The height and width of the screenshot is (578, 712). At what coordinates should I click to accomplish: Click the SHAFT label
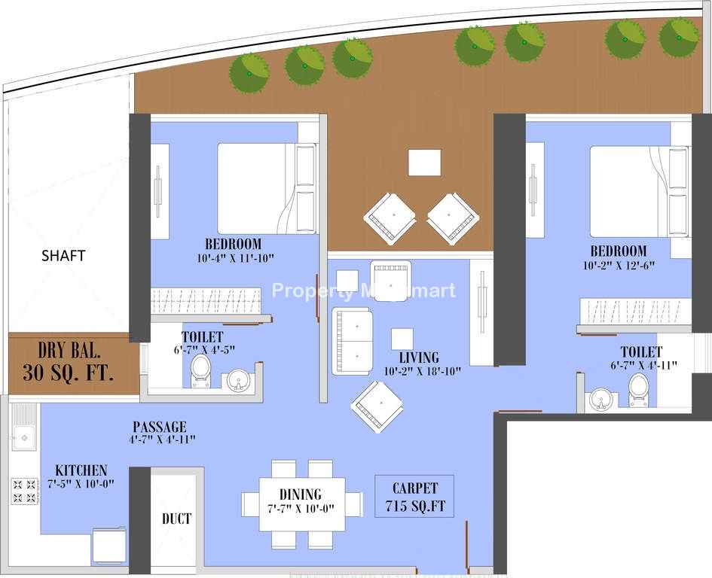coord(63,255)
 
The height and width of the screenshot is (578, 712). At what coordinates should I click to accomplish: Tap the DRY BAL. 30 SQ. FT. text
coord(69,362)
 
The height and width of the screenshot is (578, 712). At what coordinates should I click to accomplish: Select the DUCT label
coord(176,519)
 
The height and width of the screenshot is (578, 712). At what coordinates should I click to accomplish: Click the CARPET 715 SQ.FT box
coord(414,496)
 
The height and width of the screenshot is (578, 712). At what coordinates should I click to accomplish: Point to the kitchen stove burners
coord(25,491)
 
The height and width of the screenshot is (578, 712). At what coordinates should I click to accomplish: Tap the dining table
coord(302,504)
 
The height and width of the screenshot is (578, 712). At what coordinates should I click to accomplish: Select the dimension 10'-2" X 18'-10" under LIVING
coord(422,371)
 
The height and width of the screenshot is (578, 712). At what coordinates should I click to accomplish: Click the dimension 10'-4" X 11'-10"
coord(236,258)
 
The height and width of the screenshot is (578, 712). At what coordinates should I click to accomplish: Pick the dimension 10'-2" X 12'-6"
coord(619,266)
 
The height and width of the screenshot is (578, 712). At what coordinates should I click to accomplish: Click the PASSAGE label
coord(160,427)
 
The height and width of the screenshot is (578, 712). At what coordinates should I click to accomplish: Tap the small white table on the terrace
coord(425,163)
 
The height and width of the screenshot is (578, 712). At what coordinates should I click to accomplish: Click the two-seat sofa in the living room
coord(353,341)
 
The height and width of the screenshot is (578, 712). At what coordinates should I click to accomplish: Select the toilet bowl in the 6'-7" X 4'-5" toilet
coord(200,371)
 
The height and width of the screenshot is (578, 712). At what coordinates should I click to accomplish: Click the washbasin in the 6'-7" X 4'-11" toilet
coord(601,400)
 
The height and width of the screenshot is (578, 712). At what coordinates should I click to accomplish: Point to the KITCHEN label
coord(81,470)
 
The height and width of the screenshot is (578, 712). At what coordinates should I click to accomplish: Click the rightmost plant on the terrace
coord(679,37)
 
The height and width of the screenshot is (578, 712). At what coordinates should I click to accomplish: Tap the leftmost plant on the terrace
coord(249,74)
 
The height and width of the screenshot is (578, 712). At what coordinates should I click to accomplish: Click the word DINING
coord(301,494)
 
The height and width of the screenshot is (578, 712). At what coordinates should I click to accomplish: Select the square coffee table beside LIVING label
coord(402,339)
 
